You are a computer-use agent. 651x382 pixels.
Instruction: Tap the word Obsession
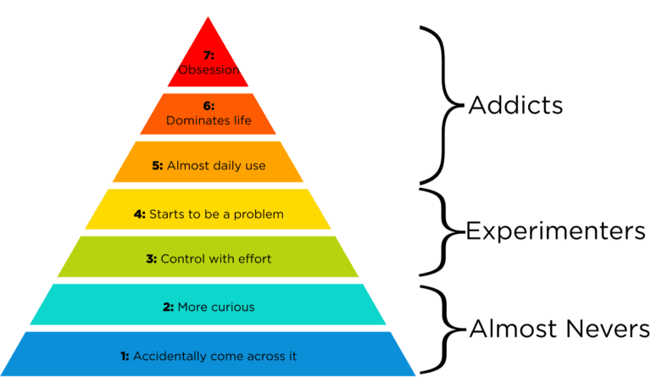[x=208, y=69]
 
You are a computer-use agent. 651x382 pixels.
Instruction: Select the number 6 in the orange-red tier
[x=208, y=106]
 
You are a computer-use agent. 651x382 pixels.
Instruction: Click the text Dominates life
[x=209, y=121]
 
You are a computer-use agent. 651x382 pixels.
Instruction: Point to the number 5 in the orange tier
[x=157, y=166]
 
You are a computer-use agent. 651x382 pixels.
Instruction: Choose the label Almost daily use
[x=216, y=166]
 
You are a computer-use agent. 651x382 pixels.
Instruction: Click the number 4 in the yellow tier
[x=140, y=214]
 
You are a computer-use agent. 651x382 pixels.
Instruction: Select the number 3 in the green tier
[x=152, y=258]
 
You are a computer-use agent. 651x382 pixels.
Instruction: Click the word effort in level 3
[x=253, y=258]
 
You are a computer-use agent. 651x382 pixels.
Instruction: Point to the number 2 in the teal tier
[x=169, y=307]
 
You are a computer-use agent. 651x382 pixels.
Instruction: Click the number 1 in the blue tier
[x=125, y=356]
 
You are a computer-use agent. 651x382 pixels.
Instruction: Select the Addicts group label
[x=504, y=107]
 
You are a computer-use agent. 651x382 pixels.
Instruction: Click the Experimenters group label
[x=555, y=231]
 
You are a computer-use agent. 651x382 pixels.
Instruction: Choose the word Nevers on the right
[x=607, y=329]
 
